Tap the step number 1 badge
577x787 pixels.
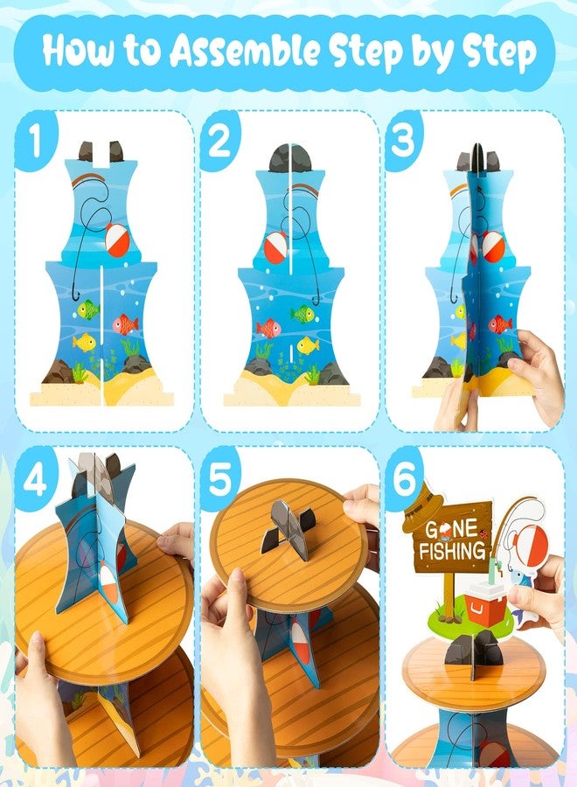click(x=34, y=141)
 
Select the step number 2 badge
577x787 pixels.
click(x=219, y=141)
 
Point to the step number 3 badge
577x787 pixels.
click(x=403, y=141)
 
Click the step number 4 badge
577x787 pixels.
click(x=35, y=480)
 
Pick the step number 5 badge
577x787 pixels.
click(x=219, y=479)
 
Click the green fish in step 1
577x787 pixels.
click(x=87, y=310)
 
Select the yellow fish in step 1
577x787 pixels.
click(x=84, y=342)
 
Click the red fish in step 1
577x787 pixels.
click(x=124, y=324)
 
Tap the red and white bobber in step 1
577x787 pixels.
click(x=117, y=240)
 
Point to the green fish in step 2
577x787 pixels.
click(x=302, y=314)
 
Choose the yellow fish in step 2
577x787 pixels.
click(x=308, y=345)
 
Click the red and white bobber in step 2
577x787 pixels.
click(x=276, y=247)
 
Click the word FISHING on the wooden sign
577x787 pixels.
click(x=453, y=551)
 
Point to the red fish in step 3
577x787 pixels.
click(x=500, y=324)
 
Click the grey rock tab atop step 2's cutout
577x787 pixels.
click(x=290, y=158)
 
